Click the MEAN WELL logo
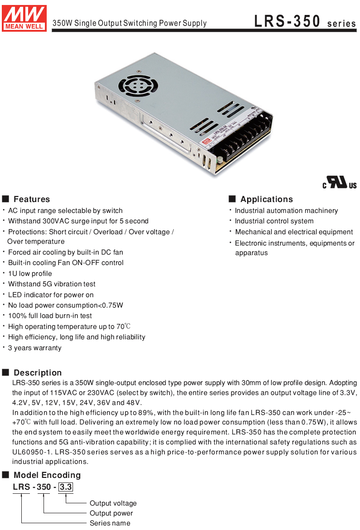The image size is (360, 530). [24, 18]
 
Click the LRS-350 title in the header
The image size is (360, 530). [287, 21]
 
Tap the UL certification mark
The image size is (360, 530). [340, 183]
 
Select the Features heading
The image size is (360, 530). [32, 199]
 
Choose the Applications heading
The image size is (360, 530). [267, 199]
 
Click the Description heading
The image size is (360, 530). [38, 373]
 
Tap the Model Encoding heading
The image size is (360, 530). [47, 475]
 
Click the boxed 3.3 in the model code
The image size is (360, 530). [66, 487]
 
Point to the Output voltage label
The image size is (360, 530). [113, 503]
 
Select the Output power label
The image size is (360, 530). [112, 513]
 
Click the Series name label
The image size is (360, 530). [110, 523]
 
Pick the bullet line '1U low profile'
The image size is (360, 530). [30, 274]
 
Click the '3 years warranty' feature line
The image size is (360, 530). [35, 348]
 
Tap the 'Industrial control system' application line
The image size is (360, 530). [274, 221]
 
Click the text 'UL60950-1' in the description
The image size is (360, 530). [30, 452]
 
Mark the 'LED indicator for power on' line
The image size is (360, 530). [51, 295]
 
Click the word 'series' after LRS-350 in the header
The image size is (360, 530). [342, 24]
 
